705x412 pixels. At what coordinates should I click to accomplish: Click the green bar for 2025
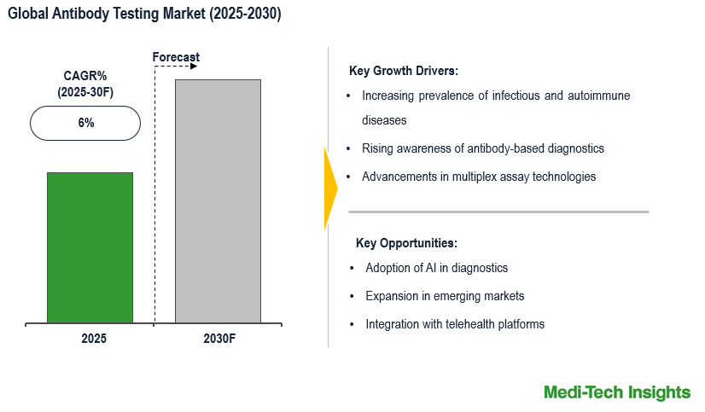point(90,247)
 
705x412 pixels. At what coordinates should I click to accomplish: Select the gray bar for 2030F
point(218,201)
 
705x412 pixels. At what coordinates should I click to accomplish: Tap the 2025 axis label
point(94,339)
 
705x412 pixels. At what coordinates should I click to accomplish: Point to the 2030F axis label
point(218,339)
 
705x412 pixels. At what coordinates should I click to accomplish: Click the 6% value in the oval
point(85,123)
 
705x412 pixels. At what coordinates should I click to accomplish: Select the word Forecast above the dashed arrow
point(176,57)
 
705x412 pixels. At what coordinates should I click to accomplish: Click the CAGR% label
point(84,75)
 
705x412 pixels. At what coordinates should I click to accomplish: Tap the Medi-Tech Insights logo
point(617,392)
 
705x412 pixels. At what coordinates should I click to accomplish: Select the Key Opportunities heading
point(406,242)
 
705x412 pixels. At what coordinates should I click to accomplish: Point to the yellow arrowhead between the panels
point(330,189)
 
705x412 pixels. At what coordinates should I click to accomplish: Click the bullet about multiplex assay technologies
point(479,177)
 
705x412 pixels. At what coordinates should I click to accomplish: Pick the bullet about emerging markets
point(445,296)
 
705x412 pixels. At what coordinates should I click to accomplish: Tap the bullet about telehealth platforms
point(455,324)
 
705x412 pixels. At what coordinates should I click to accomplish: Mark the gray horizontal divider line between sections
point(499,212)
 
